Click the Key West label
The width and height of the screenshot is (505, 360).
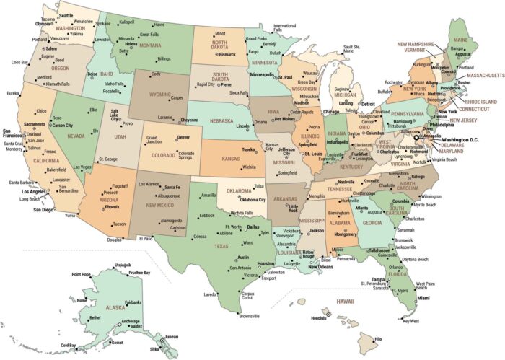coord(410,321)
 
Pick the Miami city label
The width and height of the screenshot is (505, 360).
coord(423,298)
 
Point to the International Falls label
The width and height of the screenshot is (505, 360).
coord(284,28)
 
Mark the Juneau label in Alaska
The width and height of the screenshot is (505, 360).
coord(170,336)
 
